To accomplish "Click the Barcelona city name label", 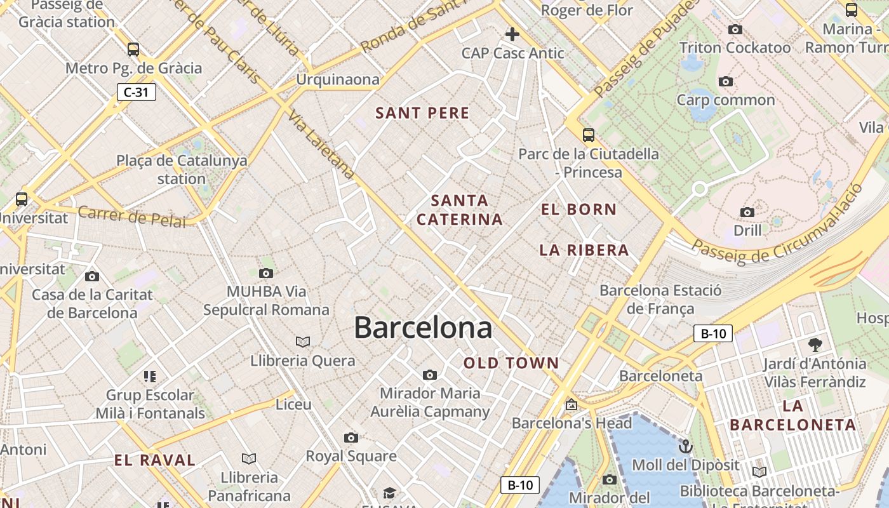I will point(423,328).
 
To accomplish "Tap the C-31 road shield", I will point(136,92).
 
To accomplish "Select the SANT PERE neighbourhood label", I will point(422,113).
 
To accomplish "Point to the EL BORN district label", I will point(578,209).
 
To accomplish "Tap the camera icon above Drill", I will point(747,212).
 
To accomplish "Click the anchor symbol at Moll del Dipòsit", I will point(685,446).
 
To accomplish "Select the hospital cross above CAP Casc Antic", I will point(512,34).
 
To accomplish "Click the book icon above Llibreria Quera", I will point(303,342).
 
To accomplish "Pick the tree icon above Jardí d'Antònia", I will point(815,345).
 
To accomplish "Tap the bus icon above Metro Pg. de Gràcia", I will point(133,50).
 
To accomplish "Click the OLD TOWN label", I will point(511,363).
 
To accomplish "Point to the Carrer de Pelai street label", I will point(132,217).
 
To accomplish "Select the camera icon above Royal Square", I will point(351,438).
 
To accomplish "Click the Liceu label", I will point(293,404).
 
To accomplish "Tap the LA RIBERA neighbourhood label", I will point(584,250).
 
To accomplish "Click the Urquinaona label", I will point(338,79).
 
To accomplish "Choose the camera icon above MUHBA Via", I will point(266,274).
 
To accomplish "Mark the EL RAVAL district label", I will point(154,460).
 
